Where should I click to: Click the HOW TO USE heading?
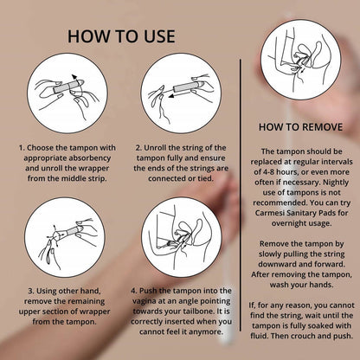click(x=121, y=36)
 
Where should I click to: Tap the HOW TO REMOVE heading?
click(x=300, y=127)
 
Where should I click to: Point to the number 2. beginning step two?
click(x=138, y=148)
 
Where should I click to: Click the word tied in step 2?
click(x=205, y=178)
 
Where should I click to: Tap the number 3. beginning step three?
click(x=30, y=291)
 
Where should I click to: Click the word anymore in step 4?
click(x=208, y=331)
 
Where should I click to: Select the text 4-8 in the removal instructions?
click(x=269, y=172)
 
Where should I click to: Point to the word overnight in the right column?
click(x=288, y=223)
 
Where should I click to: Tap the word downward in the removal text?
click(x=273, y=264)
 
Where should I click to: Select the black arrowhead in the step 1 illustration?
click(x=74, y=78)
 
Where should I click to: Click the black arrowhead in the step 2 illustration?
click(x=171, y=96)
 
